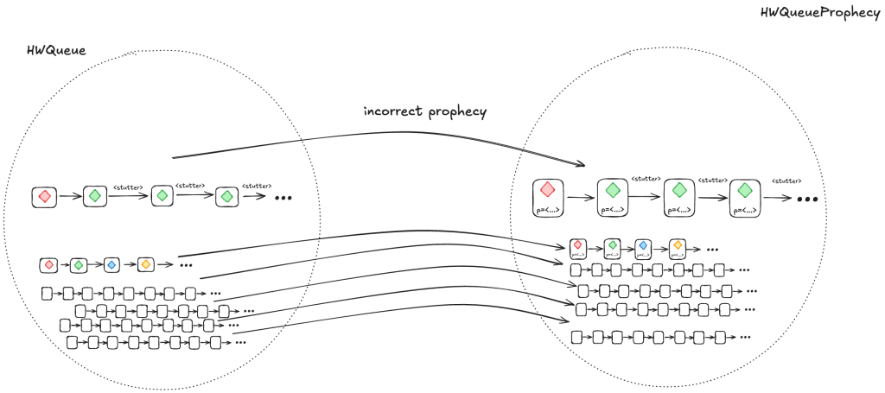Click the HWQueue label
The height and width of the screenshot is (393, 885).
tap(57, 51)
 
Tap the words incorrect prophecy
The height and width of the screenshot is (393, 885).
tap(424, 111)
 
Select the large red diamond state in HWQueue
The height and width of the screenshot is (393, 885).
tap(45, 197)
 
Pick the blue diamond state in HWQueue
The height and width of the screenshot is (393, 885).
tap(111, 263)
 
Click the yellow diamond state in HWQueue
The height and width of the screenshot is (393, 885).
tap(145, 263)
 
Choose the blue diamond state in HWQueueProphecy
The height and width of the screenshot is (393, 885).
tap(642, 247)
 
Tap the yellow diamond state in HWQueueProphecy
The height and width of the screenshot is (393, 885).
tap(678, 247)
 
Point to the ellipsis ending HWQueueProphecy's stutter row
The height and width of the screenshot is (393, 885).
tap(807, 199)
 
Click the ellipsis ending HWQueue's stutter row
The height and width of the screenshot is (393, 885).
tap(283, 198)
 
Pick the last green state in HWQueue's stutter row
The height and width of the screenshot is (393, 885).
tap(226, 197)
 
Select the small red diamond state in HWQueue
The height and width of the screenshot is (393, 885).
tap(48, 263)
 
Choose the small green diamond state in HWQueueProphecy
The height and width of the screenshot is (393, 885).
tap(613, 247)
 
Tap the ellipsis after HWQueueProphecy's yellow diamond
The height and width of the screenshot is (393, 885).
tap(712, 249)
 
